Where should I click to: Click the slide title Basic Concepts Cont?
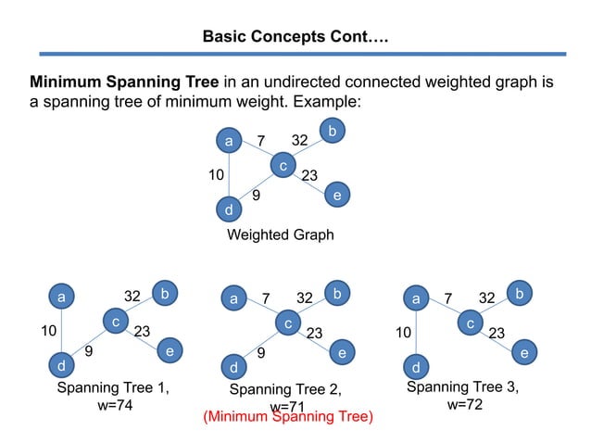click(295, 38)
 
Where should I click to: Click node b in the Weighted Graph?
click(332, 131)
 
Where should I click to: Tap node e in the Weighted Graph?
click(336, 196)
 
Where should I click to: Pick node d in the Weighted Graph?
click(229, 210)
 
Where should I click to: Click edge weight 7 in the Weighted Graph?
click(262, 141)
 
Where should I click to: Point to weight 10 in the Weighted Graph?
click(216, 174)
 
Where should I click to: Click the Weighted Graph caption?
click(280, 235)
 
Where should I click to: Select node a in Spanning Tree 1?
click(62, 297)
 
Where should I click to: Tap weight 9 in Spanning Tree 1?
click(88, 352)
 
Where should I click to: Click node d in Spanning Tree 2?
click(235, 367)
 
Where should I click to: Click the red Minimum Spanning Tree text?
click(287, 418)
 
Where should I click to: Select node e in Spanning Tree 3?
click(524, 353)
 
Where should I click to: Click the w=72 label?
click(463, 405)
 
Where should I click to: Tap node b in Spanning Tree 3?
click(520, 294)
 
